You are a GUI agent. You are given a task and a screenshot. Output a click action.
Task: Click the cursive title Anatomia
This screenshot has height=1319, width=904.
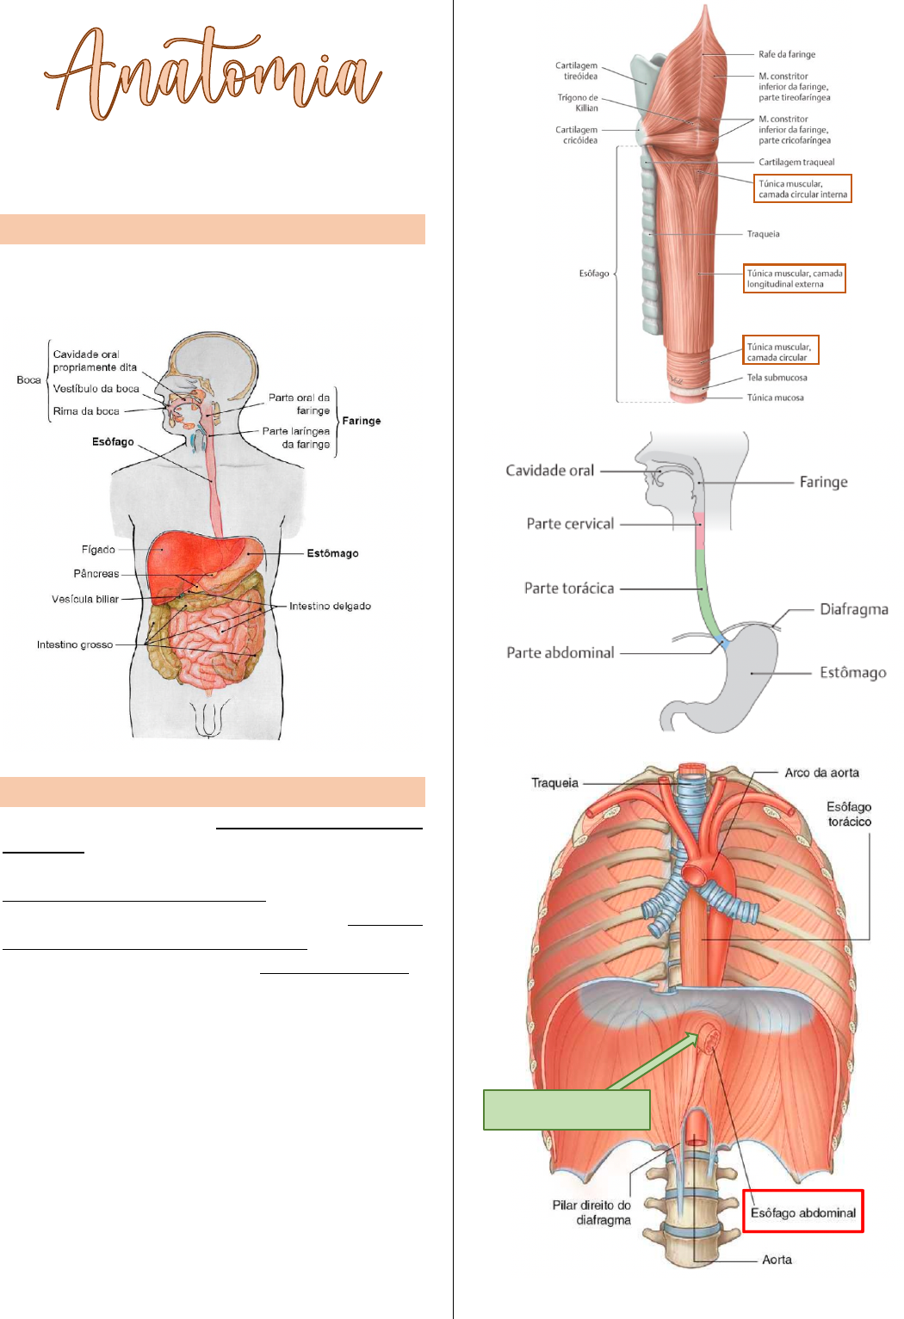click(213, 73)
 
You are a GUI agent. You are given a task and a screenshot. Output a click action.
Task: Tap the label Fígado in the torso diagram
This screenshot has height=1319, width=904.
click(98, 549)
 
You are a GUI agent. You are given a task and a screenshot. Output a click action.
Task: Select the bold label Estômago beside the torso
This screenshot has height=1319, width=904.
click(332, 553)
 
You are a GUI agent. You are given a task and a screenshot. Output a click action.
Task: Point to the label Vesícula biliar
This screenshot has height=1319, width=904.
click(85, 599)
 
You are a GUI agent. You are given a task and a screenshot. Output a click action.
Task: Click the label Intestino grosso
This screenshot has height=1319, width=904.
click(75, 644)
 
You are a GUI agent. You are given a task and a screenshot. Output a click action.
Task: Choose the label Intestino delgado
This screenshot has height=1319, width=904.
click(330, 606)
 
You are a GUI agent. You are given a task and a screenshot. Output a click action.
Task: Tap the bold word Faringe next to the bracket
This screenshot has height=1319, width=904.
click(362, 421)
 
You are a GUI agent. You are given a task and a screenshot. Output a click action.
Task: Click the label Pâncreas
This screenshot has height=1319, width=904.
click(96, 573)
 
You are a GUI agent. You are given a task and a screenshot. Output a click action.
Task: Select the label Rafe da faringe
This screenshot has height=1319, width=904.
click(787, 54)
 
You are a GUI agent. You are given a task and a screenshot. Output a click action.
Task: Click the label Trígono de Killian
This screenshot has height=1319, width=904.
click(578, 102)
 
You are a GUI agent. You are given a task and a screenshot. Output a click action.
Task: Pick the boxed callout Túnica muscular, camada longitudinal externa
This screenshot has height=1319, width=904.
click(795, 279)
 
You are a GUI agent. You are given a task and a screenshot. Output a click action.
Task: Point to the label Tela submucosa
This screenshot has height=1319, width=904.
click(777, 378)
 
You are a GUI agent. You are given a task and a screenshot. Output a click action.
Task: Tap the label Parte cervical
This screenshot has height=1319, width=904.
click(570, 523)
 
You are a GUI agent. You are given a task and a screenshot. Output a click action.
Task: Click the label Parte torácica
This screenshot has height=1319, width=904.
click(569, 589)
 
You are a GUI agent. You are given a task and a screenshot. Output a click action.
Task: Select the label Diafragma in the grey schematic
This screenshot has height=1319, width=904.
click(853, 609)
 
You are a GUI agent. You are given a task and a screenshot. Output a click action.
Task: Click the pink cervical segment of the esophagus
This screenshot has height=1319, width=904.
click(699, 532)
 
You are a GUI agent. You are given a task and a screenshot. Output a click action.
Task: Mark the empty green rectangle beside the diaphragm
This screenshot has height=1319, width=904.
click(567, 1109)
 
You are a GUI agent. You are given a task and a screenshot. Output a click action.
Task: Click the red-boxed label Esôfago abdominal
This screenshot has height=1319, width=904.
click(802, 1212)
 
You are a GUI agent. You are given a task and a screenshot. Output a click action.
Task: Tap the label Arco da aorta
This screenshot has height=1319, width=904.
click(821, 773)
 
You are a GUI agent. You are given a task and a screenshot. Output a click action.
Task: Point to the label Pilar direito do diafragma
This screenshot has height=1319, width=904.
click(591, 1212)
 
